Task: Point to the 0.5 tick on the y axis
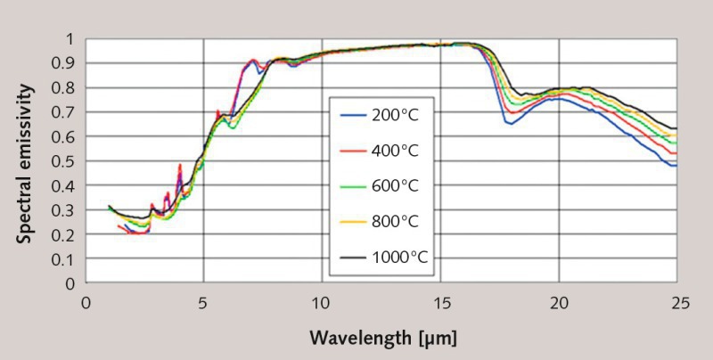pyautogui.click(x=67, y=161)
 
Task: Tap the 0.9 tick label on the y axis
pyautogui.click(x=67, y=63)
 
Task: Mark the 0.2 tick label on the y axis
pyautogui.click(x=67, y=234)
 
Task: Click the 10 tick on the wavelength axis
pyautogui.click(x=322, y=301)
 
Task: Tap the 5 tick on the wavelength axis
pyautogui.click(x=204, y=301)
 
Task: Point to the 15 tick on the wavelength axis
pyautogui.click(x=440, y=301)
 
